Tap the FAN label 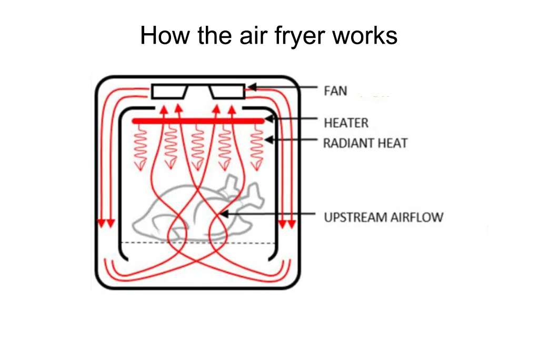tap(335, 91)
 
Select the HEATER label tap(346, 123)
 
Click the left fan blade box tap(169, 92)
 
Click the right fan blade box tap(227, 92)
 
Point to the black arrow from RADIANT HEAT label tap(292, 140)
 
